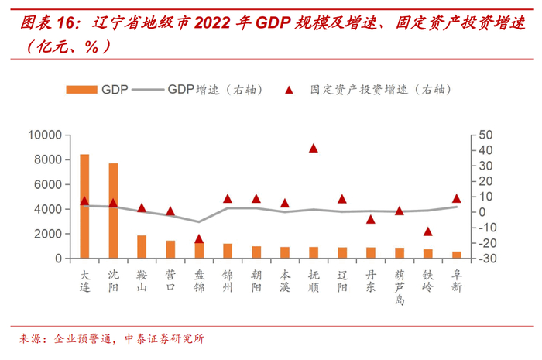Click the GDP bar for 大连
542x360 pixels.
(x=84, y=206)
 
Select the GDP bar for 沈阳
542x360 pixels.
(x=113, y=211)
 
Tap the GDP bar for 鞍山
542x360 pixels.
(x=142, y=246)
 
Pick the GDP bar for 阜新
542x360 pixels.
(x=457, y=255)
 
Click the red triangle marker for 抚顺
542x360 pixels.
(x=314, y=148)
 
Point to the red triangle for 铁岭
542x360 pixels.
(x=427, y=231)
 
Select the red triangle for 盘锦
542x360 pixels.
(x=199, y=238)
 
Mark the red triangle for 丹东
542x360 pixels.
(x=371, y=219)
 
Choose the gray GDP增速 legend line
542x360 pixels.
(x=148, y=90)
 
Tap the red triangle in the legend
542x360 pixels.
(x=288, y=90)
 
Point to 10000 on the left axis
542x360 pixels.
(x=44, y=135)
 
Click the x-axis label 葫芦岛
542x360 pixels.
(x=400, y=286)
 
